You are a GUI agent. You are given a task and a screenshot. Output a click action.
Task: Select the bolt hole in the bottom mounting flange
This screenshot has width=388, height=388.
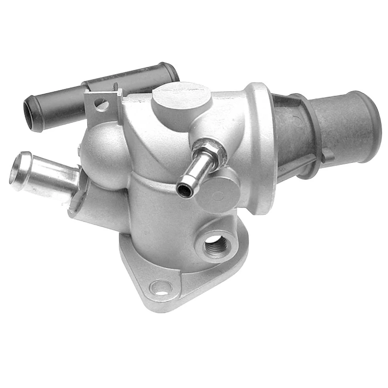[161, 287]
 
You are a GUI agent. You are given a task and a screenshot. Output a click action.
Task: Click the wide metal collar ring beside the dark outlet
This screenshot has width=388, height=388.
[259, 145]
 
